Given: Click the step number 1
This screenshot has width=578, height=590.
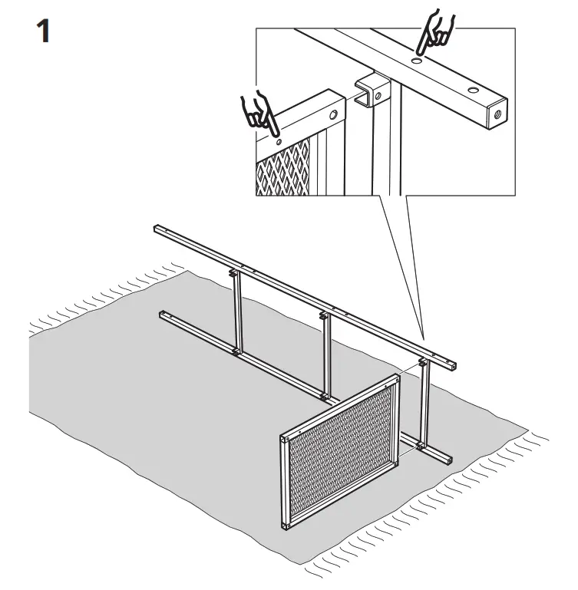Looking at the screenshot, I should (40, 31).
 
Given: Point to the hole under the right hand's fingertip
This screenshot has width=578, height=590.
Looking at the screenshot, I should (415, 59).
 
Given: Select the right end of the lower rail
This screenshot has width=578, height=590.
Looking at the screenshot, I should (448, 460).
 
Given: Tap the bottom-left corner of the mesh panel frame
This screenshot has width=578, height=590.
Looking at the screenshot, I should (286, 524).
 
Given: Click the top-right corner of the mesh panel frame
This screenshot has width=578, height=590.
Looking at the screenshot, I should (397, 378).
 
